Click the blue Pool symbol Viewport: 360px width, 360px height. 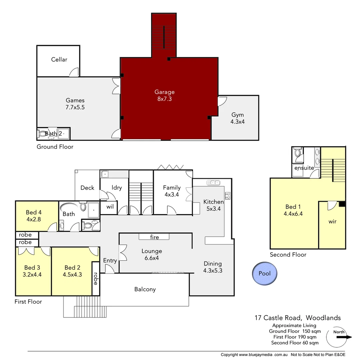pos(264,273)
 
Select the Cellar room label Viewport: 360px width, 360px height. pos(59,60)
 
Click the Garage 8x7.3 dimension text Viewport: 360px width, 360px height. pos(164,99)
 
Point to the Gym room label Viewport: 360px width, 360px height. pos(237,115)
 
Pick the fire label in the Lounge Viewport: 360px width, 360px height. pos(154,237)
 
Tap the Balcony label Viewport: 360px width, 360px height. pos(145,289)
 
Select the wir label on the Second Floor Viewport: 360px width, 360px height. pos(332,221)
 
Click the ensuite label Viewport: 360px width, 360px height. pos(304,168)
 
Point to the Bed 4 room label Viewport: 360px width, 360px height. pos(34,212)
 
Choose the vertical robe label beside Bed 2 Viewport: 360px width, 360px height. pos(96,279)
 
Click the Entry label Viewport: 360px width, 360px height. pos(110,261)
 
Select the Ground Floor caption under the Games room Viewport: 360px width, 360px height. pos(55,147)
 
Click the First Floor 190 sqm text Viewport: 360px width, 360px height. pos(295,337)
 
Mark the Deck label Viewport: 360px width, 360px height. pos(87,188)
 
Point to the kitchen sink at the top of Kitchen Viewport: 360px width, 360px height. pos(213,182)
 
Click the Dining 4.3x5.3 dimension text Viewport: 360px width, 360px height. pos(213,271)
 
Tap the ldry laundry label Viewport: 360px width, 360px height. pos(117,188)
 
